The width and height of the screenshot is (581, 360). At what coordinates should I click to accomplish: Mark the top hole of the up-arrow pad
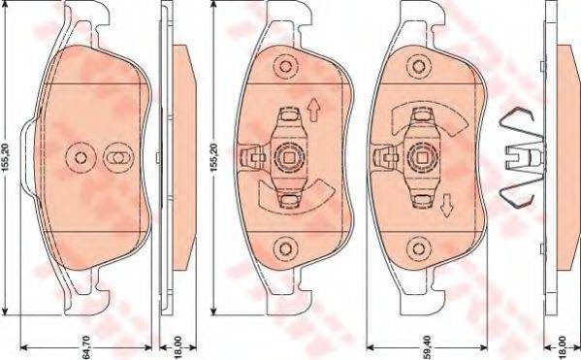285,67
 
